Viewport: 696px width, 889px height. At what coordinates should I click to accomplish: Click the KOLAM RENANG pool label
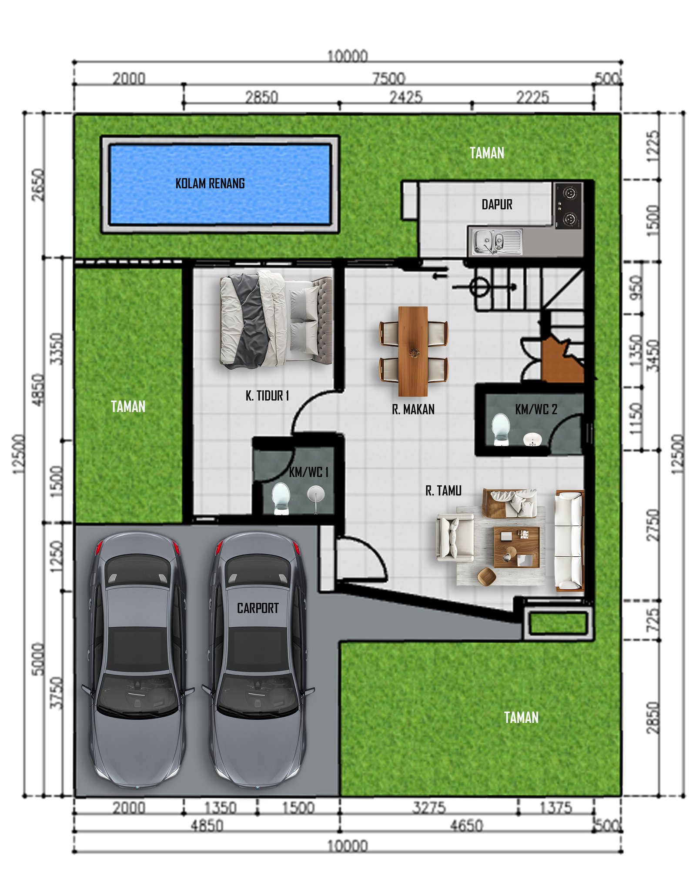210,184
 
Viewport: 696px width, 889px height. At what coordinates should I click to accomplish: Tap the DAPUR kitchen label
496,204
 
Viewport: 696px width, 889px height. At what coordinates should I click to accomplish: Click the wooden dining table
412,351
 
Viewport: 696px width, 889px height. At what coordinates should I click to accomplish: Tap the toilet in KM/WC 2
500,428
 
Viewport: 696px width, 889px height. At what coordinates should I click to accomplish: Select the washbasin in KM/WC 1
315,495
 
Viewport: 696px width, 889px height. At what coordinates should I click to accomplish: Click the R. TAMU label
443,491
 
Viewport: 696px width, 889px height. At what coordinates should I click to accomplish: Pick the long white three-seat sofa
569,540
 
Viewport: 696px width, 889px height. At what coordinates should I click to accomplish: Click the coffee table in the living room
516,547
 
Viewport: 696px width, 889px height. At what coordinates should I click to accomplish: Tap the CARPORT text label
258,608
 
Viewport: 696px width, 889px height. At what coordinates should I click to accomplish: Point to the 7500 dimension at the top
388,78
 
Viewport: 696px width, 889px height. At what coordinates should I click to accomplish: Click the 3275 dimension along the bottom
429,808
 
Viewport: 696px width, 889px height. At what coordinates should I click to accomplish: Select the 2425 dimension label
405,97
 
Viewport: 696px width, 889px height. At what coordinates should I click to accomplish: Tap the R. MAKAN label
413,409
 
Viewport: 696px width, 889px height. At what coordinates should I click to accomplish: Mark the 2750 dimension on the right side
652,525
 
